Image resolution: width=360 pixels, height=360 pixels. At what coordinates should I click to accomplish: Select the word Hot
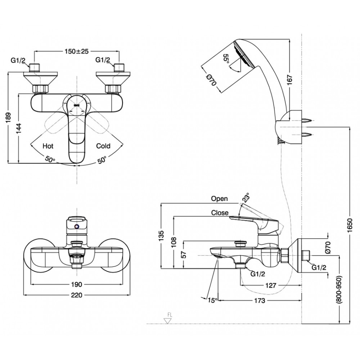pos(48,146)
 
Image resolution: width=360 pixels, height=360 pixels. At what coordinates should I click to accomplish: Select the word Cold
pos(103,146)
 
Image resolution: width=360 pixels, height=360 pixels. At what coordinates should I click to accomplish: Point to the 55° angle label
pos(226,59)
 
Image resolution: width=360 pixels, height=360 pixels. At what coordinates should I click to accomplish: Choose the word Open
pos(220,199)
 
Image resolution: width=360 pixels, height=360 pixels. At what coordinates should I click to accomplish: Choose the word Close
pos(220,213)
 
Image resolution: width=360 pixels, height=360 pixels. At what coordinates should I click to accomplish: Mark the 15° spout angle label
pos(212,300)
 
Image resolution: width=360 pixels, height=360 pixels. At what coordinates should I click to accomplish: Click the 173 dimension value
pos(260,300)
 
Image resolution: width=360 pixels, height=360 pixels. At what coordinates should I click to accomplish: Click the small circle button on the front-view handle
pos(76,226)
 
